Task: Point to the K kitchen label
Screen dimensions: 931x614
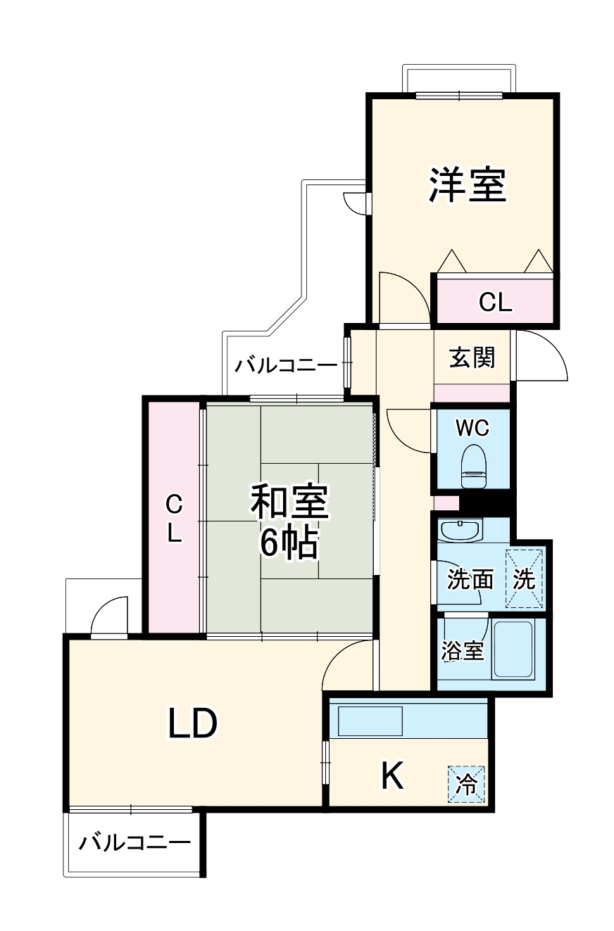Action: tap(392, 777)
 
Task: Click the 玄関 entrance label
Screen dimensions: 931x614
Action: tap(472, 358)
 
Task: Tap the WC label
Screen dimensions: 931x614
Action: tap(472, 427)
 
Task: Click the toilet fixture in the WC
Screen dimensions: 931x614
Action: tap(473, 466)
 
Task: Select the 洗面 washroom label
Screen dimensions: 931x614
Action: tap(470, 580)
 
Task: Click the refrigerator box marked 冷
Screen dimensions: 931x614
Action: tap(466, 783)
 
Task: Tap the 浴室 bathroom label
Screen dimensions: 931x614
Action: tap(463, 651)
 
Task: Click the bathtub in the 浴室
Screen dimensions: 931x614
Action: tap(512, 650)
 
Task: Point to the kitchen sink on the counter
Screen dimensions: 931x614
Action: tap(370, 721)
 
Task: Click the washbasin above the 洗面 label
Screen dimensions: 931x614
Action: tap(459, 530)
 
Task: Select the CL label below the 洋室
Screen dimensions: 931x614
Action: tap(495, 303)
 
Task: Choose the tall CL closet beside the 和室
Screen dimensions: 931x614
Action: tap(174, 518)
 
